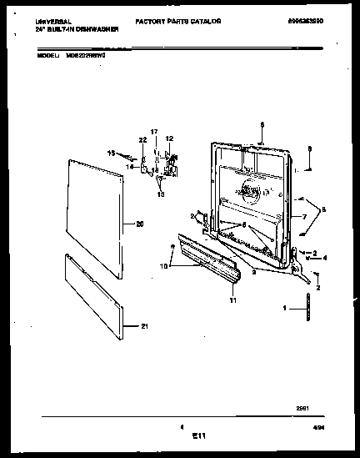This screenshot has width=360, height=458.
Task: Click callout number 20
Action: (x=139, y=223)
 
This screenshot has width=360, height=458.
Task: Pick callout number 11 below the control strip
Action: (x=233, y=299)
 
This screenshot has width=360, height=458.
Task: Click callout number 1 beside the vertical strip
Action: (x=286, y=308)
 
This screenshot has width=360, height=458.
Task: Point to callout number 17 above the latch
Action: (x=153, y=132)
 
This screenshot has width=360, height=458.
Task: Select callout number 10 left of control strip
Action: (x=164, y=266)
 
